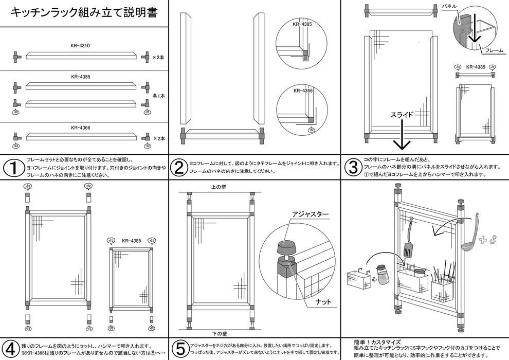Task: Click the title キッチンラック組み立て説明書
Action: tap(84, 12)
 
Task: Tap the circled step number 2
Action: tap(179, 168)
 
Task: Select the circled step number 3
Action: tap(353, 168)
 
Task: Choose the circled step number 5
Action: tap(179, 348)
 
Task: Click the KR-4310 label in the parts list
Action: tap(81, 46)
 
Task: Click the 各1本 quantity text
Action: tap(159, 96)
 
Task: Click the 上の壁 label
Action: tap(219, 187)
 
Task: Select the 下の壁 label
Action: tap(219, 333)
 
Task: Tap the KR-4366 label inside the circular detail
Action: tap(303, 91)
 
